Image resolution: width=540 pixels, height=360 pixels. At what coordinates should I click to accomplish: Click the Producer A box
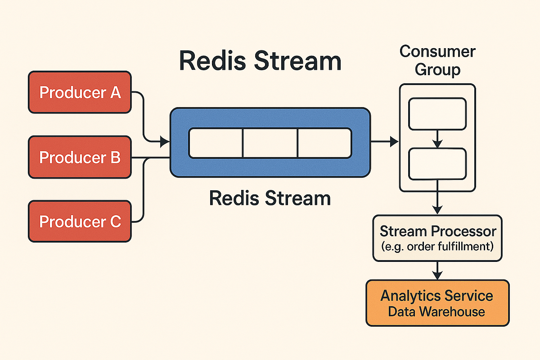(80, 92)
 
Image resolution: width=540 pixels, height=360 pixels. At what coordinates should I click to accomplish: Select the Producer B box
(80, 157)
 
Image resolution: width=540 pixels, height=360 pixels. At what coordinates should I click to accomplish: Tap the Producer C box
(80, 222)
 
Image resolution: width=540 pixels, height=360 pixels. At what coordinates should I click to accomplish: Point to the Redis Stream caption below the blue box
(270, 198)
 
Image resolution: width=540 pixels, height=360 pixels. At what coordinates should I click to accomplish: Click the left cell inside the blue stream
(216, 143)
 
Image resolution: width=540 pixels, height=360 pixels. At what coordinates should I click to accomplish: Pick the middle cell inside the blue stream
(270, 143)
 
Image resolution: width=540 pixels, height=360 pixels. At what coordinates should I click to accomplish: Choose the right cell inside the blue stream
(324, 143)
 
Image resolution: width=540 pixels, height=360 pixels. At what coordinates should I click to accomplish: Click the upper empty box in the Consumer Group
(437, 114)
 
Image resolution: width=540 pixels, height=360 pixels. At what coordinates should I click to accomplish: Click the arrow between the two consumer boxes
(437, 139)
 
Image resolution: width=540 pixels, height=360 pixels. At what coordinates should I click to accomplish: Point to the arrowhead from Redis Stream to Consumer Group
(395, 142)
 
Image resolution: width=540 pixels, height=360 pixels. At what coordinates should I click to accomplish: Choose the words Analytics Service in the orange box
(437, 296)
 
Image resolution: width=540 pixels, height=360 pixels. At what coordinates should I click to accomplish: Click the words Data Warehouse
(437, 311)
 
